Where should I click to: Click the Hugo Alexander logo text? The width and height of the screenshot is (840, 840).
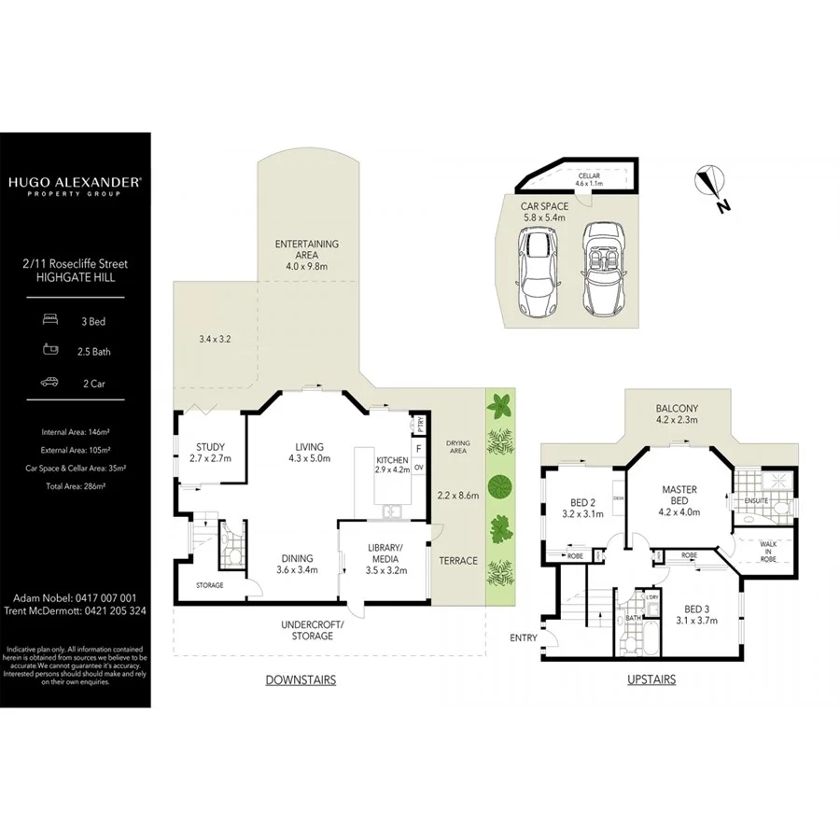(x=75, y=184)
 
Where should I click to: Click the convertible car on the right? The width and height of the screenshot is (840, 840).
(x=603, y=268)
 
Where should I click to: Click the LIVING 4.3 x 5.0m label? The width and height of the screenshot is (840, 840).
(x=310, y=453)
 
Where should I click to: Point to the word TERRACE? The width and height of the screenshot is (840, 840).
(x=458, y=561)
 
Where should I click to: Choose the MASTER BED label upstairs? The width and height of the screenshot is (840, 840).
(x=679, y=496)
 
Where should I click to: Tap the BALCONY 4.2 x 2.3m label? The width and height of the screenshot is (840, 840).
(x=676, y=414)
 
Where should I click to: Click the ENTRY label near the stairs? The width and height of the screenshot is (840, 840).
(x=524, y=638)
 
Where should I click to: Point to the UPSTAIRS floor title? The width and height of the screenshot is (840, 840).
(x=651, y=680)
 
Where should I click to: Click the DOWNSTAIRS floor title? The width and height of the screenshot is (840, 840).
(x=300, y=680)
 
